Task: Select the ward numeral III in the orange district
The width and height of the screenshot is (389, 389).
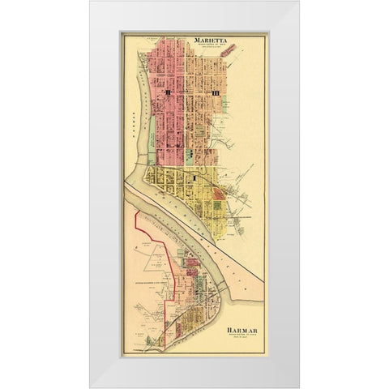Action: click(x=215, y=95)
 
